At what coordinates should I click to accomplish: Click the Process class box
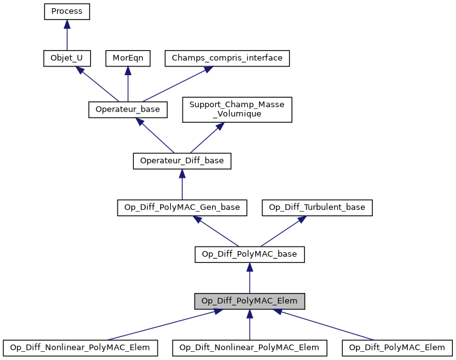coord(67,11)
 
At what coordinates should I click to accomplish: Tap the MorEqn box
coord(128,58)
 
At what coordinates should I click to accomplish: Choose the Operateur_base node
coord(128,110)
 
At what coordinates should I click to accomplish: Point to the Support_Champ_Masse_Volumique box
coord(237,110)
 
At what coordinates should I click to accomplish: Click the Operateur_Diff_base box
coord(182,161)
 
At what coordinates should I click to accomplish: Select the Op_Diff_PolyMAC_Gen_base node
coord(182,208)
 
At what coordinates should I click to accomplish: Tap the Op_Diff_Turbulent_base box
coord(318,208)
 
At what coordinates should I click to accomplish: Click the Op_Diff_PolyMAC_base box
coord(250,255)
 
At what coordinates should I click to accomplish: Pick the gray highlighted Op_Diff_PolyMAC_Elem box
coord(250,301)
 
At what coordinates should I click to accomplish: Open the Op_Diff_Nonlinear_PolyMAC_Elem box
coord(80,347)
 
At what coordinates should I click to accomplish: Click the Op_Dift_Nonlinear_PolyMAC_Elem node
coord(250,347)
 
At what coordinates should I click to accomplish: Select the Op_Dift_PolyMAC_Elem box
coord(397,347)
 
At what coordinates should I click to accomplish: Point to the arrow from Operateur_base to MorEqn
coord(128,84)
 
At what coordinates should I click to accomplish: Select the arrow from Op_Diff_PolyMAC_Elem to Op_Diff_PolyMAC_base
coord(250,278)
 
